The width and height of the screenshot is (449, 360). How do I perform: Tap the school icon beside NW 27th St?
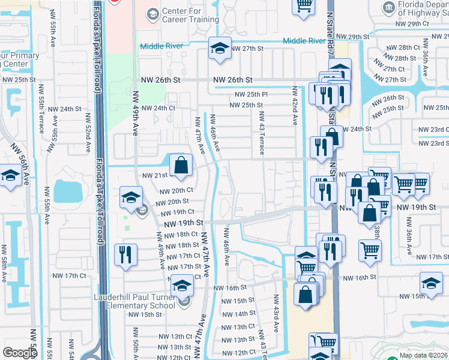(220, 49)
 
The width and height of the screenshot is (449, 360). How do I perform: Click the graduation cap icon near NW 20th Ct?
(131, 196)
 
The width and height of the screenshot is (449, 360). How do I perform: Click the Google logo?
(20, 353)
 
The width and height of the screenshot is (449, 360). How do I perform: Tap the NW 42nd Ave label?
(295, 114)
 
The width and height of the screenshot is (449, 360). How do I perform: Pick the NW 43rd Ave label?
(276, 313)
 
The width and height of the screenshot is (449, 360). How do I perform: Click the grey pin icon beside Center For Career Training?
(152, 13)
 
